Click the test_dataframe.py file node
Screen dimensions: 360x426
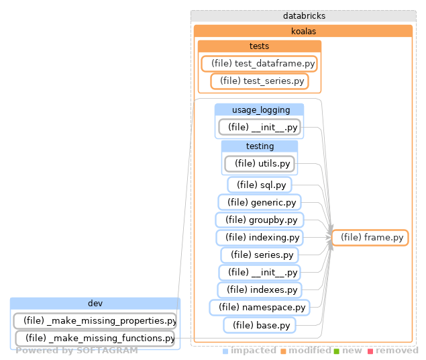259,64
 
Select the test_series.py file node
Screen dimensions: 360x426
259,81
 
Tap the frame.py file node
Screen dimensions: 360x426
370,237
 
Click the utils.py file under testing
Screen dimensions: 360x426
260,163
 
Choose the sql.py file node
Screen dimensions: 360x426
260,185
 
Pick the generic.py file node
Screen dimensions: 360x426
260,202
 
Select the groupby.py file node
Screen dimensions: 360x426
260,220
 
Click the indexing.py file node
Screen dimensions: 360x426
260,237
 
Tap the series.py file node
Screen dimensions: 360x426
260,255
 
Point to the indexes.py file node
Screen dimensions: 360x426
260,289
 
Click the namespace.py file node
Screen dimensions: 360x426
260,307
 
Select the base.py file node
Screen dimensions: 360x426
260,324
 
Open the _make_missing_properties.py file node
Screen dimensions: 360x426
95,320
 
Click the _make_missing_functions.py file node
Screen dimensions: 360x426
95,338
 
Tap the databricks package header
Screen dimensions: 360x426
304,15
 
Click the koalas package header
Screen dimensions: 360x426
303,31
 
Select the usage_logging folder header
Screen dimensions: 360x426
260,109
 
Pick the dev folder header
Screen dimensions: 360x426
95,304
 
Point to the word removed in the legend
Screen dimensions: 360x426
396,351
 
